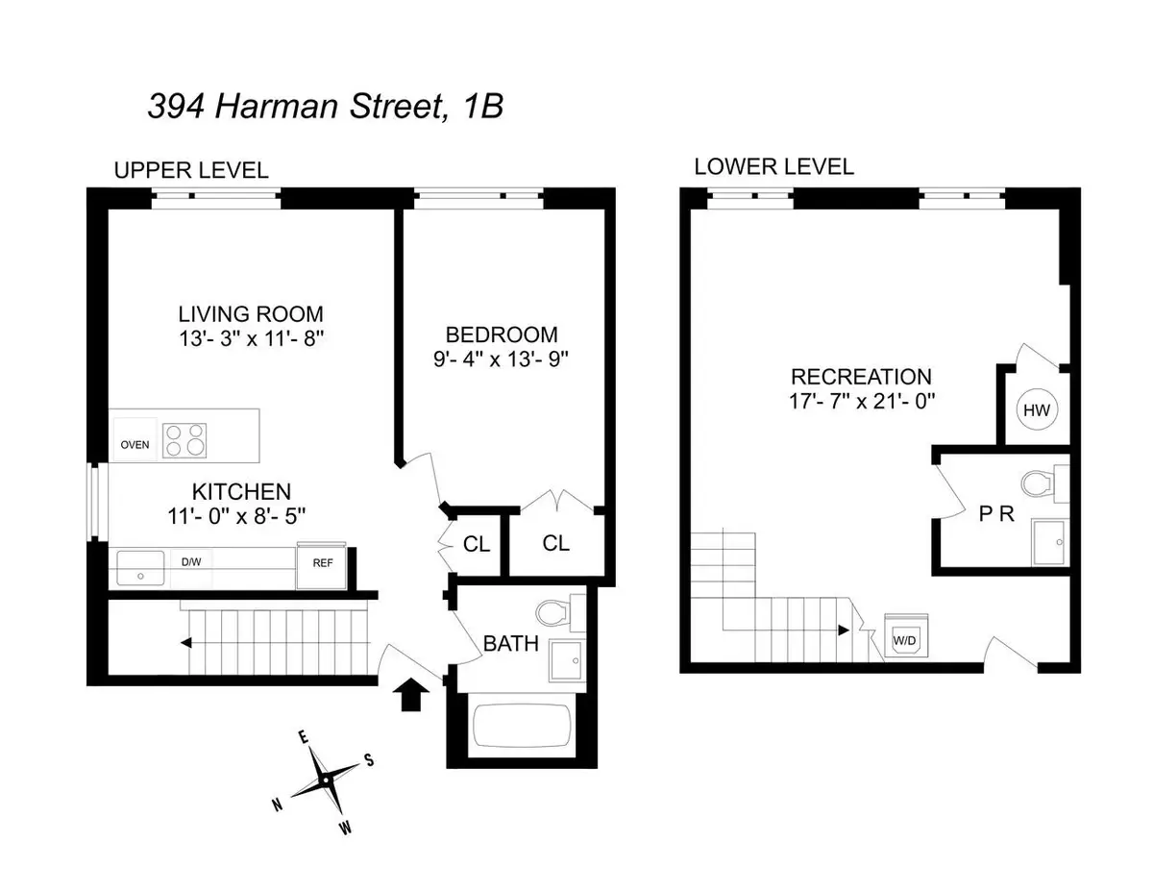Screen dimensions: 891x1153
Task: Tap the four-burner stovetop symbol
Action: pyautogui.click(x=184, y=439)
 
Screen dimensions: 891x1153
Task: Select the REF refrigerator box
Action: pyautogui.click(x=322, y=564)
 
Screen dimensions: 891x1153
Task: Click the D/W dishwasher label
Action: pyautogui.click(x=192, y=561)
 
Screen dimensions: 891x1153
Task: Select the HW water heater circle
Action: pyautogui.click(x=1035, y=410)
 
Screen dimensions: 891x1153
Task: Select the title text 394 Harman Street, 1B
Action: pyautogui.click(x=325, y=106)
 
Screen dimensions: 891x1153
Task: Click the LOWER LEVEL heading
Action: pyautogui.click(x=773, y=166)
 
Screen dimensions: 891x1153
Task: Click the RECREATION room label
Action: pyautogui.click(x=860, y=377)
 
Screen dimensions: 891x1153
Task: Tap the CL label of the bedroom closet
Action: pyautogui.click(x=555, y=543)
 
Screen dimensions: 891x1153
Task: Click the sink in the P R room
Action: pyautogui.click(x=1049, y=540)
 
